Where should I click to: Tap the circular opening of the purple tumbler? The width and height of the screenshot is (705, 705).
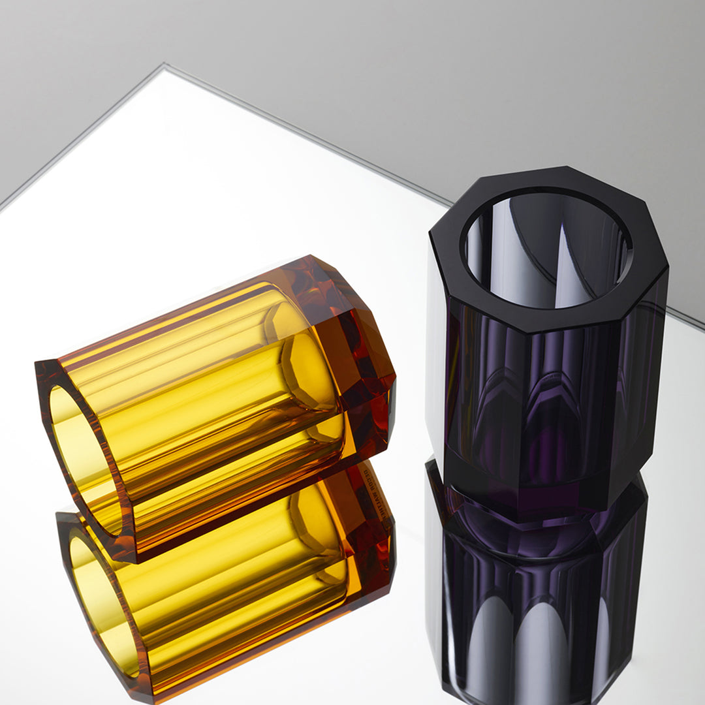pyautogui.click(x=547, y=248)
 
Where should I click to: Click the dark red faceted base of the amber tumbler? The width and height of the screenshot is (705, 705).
pyautogui.click(x=366, y=366)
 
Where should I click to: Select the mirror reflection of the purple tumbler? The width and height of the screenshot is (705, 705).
pyautogui.click(x=535, y=607)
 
